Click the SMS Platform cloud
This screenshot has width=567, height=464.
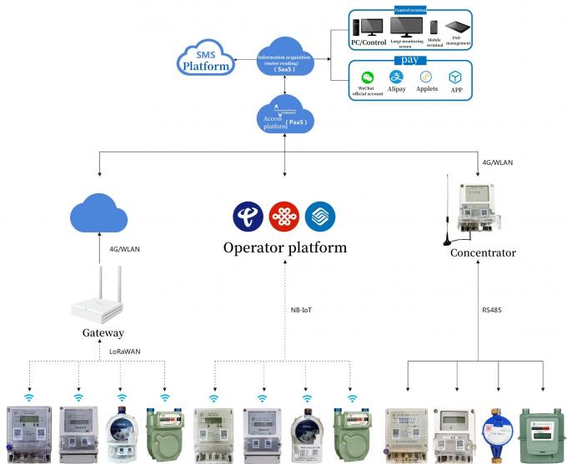point(204,59)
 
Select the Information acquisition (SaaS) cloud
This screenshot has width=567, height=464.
point(285,60)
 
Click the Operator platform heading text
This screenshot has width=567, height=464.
point(284,248)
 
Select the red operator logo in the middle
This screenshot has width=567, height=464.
point(283,216)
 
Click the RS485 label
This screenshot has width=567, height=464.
point(492,310)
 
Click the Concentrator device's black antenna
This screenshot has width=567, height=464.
point(447,208)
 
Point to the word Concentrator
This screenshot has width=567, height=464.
point(483,253)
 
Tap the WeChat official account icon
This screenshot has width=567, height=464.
point(367,77)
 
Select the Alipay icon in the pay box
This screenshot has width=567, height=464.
point(397,77)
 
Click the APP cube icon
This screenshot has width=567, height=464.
point(455,77)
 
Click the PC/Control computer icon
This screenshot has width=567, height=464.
point(367,28)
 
